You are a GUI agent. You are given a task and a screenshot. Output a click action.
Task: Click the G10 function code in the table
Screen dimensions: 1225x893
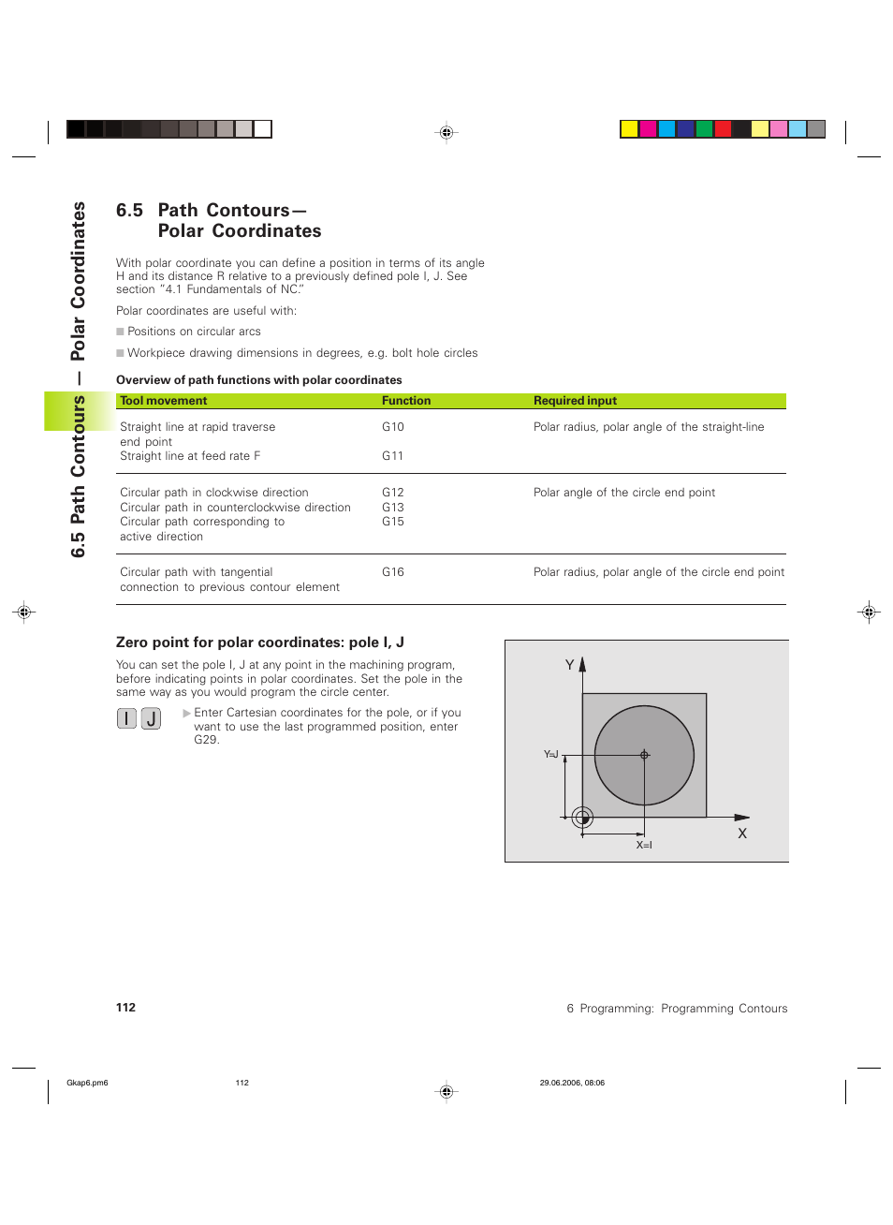coord(392,427)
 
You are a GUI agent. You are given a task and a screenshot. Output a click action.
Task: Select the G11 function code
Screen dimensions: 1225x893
coord(392,456)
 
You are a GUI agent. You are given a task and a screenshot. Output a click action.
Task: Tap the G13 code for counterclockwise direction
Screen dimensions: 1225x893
coord(392,508)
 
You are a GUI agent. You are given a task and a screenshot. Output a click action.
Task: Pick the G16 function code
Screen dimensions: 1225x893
coord(392,572)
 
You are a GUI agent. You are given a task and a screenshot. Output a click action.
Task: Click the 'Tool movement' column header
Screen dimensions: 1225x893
coord(164,401)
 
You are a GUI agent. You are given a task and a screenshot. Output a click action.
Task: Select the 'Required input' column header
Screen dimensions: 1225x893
coord(575,401)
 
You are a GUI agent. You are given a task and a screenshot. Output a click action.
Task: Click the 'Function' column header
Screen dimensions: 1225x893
coord(406,401)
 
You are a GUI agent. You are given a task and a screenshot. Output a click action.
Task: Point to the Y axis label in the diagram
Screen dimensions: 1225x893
coord(569,665)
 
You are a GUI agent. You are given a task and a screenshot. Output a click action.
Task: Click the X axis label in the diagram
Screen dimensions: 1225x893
coord(742,834)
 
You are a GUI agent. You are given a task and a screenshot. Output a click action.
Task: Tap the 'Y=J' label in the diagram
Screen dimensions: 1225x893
coord(551,754)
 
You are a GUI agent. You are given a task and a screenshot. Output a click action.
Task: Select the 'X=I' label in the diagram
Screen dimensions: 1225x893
coord(644,845)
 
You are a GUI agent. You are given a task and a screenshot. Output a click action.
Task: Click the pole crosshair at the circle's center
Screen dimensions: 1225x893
coord(644,755)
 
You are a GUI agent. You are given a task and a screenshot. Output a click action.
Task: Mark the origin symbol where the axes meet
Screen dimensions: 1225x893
coord(582,818)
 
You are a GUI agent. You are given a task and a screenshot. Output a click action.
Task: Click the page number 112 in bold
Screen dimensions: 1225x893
coord(125,1008)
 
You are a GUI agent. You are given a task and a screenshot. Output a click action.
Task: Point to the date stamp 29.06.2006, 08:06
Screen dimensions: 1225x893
coord(572,1083)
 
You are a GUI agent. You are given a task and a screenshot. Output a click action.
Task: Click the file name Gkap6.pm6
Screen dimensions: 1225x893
coord(87,1083)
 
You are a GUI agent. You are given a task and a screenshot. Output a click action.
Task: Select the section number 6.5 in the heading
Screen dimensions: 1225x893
coord(129,211)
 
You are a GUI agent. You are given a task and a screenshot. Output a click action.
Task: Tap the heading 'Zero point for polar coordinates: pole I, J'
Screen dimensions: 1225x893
coord(259,642)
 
